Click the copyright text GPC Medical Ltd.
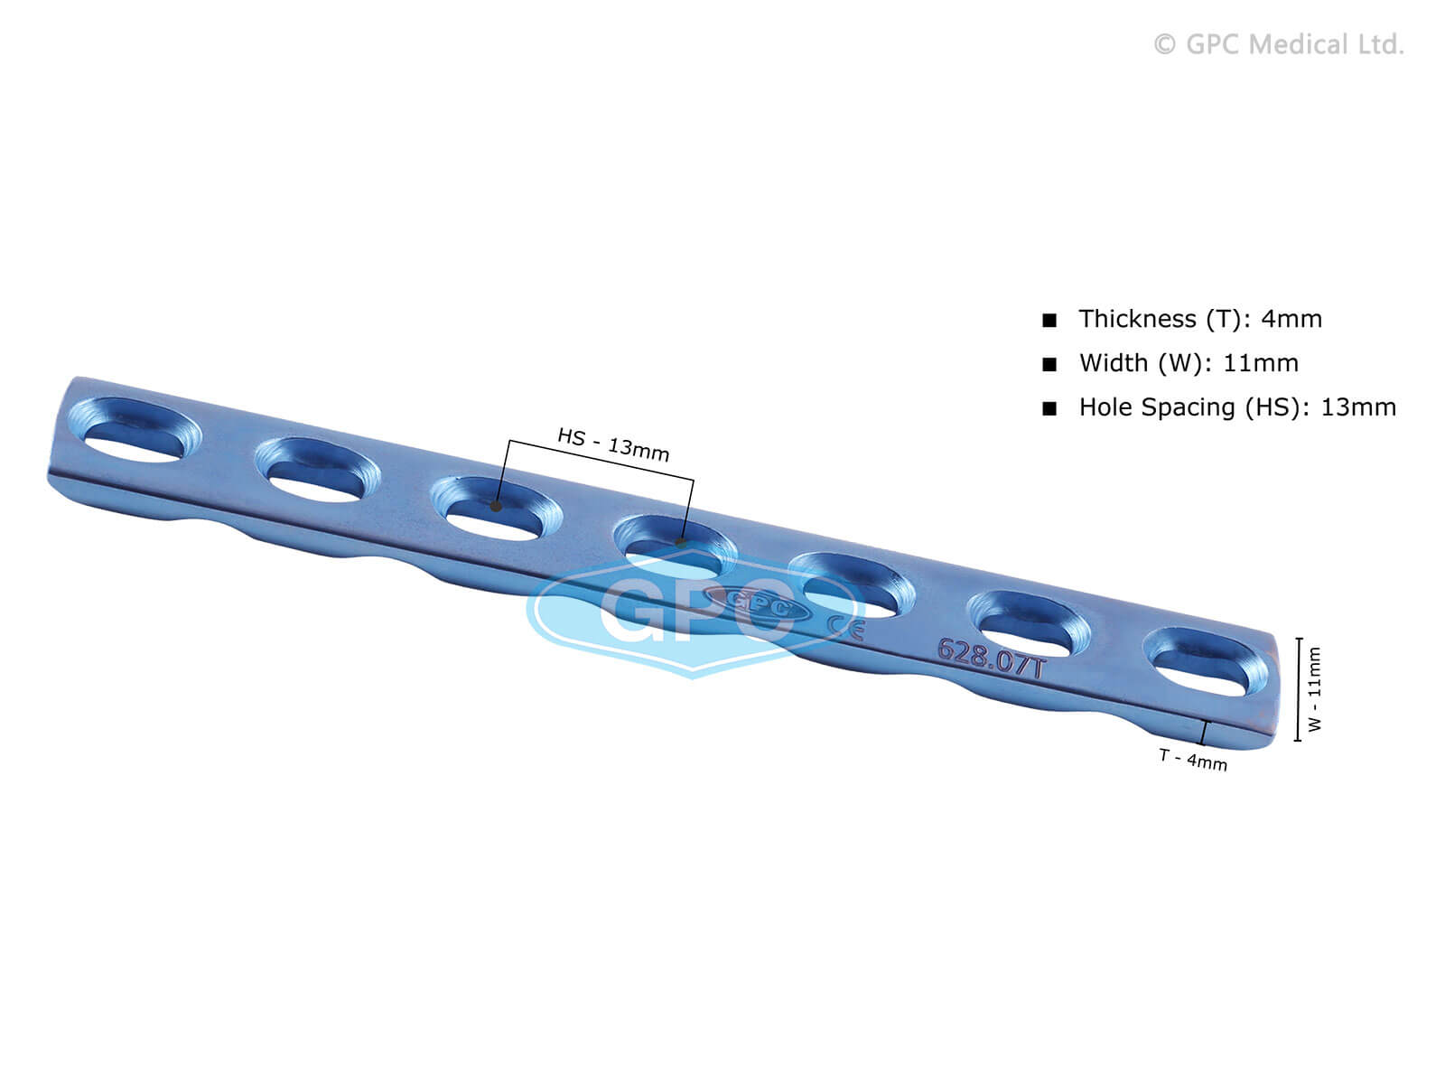pos(1279,45)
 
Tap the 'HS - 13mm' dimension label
pos(613,445)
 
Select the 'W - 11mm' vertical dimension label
pos(1315,688)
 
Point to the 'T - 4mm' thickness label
pos(1193,761)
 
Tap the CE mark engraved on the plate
pos(846,627)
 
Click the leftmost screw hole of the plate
pos(135,429)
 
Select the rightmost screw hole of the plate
pos(1207,663)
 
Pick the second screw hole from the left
pos(317,470)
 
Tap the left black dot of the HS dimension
pos(496,506)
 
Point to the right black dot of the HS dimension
pos(681,543)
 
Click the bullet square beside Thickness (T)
pos(1049,321)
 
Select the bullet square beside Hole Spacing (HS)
pos(1049,408)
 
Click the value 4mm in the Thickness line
pos(1291,319)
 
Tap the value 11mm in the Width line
pos(1261,363)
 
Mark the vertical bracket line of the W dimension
pos(1298,689)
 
